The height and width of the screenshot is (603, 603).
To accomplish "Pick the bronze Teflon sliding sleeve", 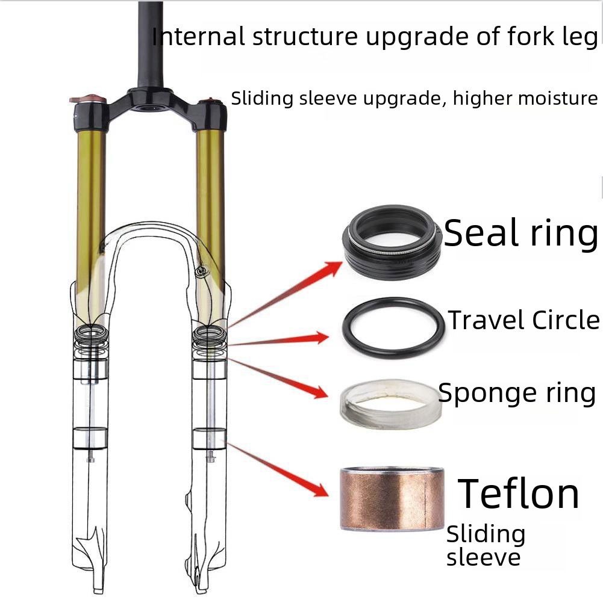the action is (392, 498).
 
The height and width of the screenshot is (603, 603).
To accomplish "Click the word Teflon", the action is (519, 493).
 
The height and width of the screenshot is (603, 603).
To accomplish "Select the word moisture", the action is (556, 98).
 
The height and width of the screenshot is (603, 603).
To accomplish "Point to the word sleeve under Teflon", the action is (483, 557).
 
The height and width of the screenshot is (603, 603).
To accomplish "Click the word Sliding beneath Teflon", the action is (486, 534).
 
